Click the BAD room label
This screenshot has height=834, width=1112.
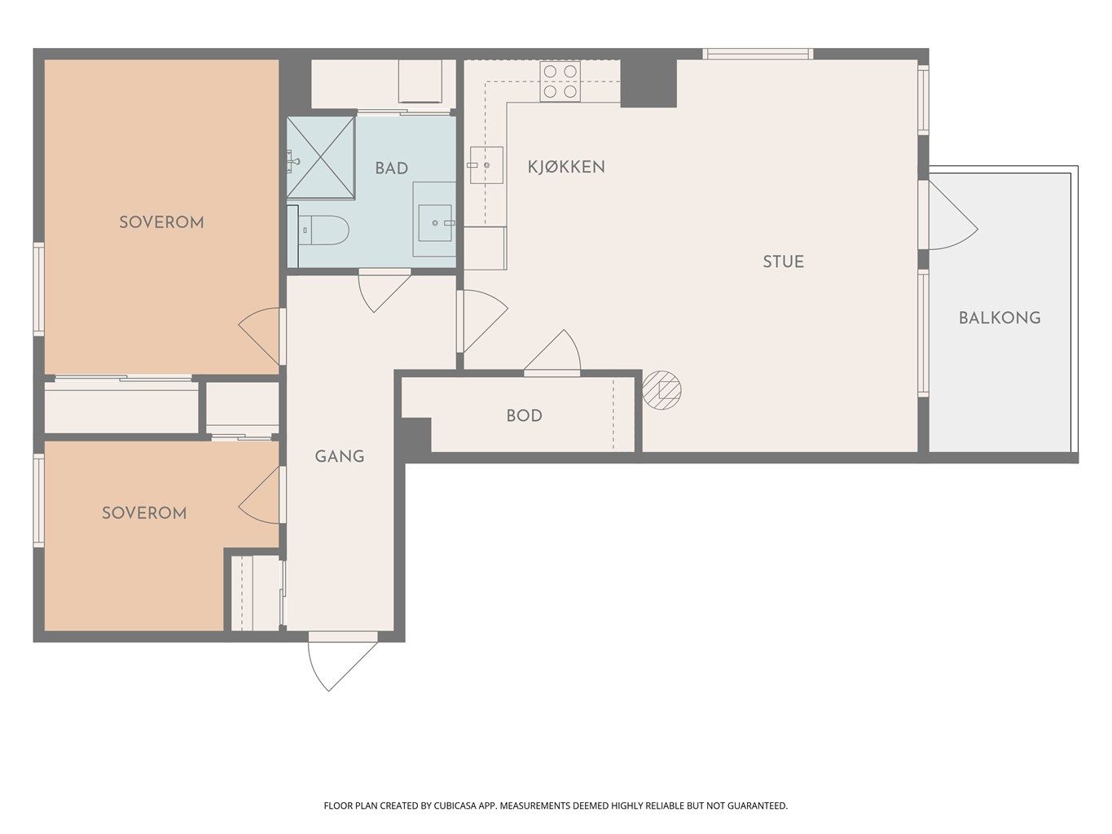coord(391,168)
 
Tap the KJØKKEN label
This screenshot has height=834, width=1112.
coord(566,167)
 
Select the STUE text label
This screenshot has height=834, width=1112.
coord(783,261)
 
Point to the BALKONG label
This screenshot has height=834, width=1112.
coord(1000,318)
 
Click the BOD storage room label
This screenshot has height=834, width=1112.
coord(525,415)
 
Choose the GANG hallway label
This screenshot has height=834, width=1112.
coord(340,457)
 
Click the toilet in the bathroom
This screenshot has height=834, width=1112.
coord(323,230)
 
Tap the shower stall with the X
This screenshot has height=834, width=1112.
coord(321,158)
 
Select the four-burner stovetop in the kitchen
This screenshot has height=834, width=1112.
coord(560,81)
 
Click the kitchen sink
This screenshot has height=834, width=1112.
coord(486,165)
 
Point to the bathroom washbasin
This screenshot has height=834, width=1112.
coord(435,223)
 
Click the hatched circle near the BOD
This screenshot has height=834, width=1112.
coord(661,390)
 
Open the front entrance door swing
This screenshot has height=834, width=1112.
coord(343,661)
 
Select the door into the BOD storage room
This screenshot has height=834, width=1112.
coord(552,353)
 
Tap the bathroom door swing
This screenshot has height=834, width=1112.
coord(385,290)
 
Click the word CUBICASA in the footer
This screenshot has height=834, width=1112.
coord(455,805)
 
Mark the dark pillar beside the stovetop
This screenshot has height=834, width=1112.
coord(648,84)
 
